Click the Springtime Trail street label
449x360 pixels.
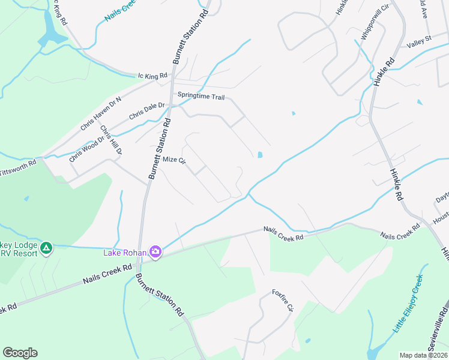pos(200,96)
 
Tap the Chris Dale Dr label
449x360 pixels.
pos(146,110)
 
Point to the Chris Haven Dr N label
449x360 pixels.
pos(101,114)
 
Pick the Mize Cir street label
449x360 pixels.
pos(175,160)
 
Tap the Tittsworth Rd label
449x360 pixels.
pos(18,163)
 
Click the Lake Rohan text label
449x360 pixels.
pos(125,253)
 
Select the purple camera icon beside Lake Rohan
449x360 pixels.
pos(155,252)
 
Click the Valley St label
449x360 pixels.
pos(419,41)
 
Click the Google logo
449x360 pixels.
pos(20,353)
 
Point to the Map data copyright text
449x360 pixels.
pos(423,355)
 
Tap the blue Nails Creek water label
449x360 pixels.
pos(121,11)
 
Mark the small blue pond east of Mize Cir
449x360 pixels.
pos(259,155)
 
